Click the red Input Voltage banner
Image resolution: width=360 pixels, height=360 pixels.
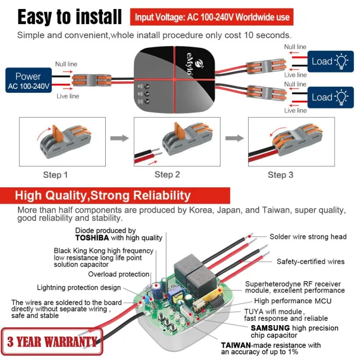(x=212, y=17)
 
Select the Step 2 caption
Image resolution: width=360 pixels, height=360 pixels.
(x=167, y=175)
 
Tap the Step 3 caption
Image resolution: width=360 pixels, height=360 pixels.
(x=280, y=175)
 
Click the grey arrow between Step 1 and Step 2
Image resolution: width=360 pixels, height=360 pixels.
(x=115, y=138)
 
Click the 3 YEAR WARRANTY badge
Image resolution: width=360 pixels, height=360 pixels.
(x=51, y=341)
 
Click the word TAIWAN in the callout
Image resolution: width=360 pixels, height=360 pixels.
(x=236, y=345)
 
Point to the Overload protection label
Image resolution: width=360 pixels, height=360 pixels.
(x=119, y=274)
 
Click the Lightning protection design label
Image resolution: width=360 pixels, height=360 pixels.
(x=79, y=287)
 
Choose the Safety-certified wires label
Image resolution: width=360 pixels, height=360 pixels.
(x=311, y=262)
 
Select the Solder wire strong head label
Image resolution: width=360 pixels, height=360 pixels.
(x=308, y=237)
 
